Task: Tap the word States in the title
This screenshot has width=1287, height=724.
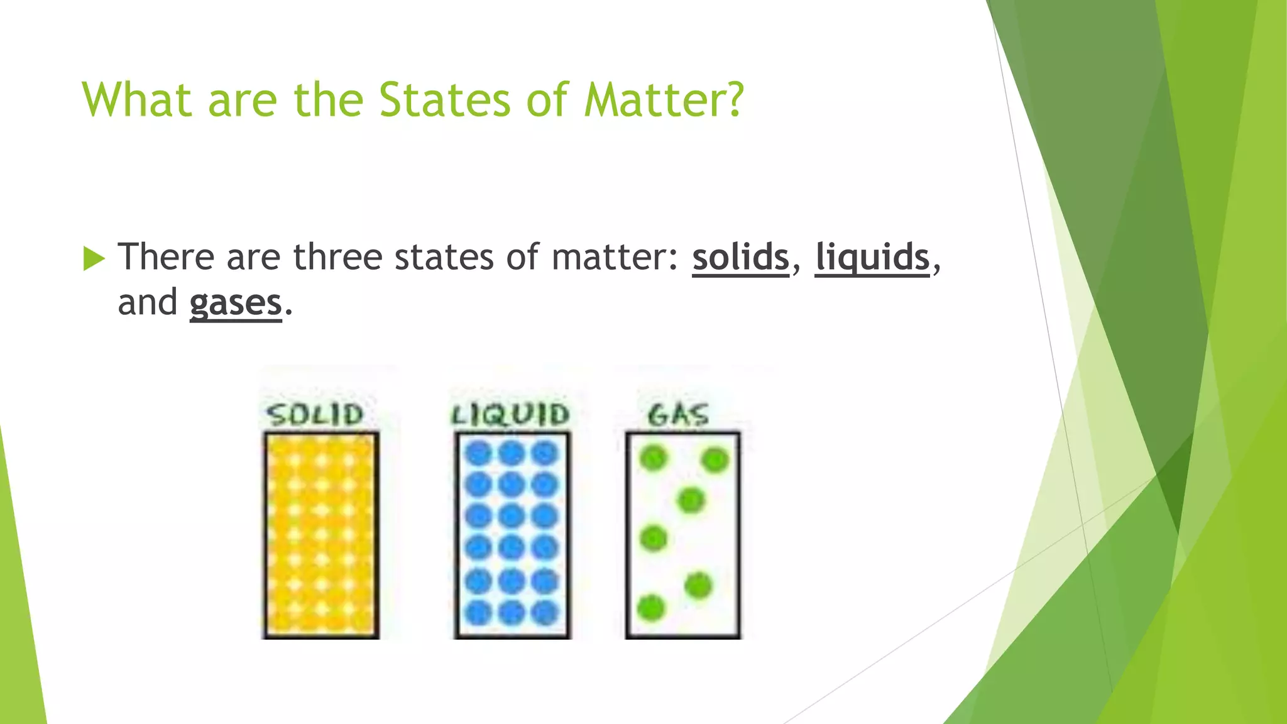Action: point(444,100)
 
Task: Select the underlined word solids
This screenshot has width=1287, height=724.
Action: point(740,257)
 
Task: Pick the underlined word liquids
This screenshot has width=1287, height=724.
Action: point(872,258)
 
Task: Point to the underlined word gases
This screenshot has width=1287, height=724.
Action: point(236,304)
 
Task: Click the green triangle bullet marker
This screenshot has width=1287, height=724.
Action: point(93,258)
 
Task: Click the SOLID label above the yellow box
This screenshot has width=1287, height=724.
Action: point(315,415)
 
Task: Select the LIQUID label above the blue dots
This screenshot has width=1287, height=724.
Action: point(510,415)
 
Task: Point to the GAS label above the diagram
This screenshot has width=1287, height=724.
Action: point(678,415)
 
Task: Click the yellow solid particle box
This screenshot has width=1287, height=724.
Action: point(321,535)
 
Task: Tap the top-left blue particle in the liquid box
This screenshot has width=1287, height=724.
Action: point(479,453)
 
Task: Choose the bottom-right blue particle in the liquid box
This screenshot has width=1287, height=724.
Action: point(544,612)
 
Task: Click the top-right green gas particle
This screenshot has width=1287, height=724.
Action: point(715,460)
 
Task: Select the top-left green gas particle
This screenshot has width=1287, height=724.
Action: point(653,458)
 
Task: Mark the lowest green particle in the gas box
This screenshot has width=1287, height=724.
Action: point(651,608)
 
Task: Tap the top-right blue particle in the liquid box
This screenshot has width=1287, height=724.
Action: point(544,453)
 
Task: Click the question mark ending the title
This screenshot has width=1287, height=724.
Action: point(732,100)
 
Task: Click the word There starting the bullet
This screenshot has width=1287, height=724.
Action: point(166,257)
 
